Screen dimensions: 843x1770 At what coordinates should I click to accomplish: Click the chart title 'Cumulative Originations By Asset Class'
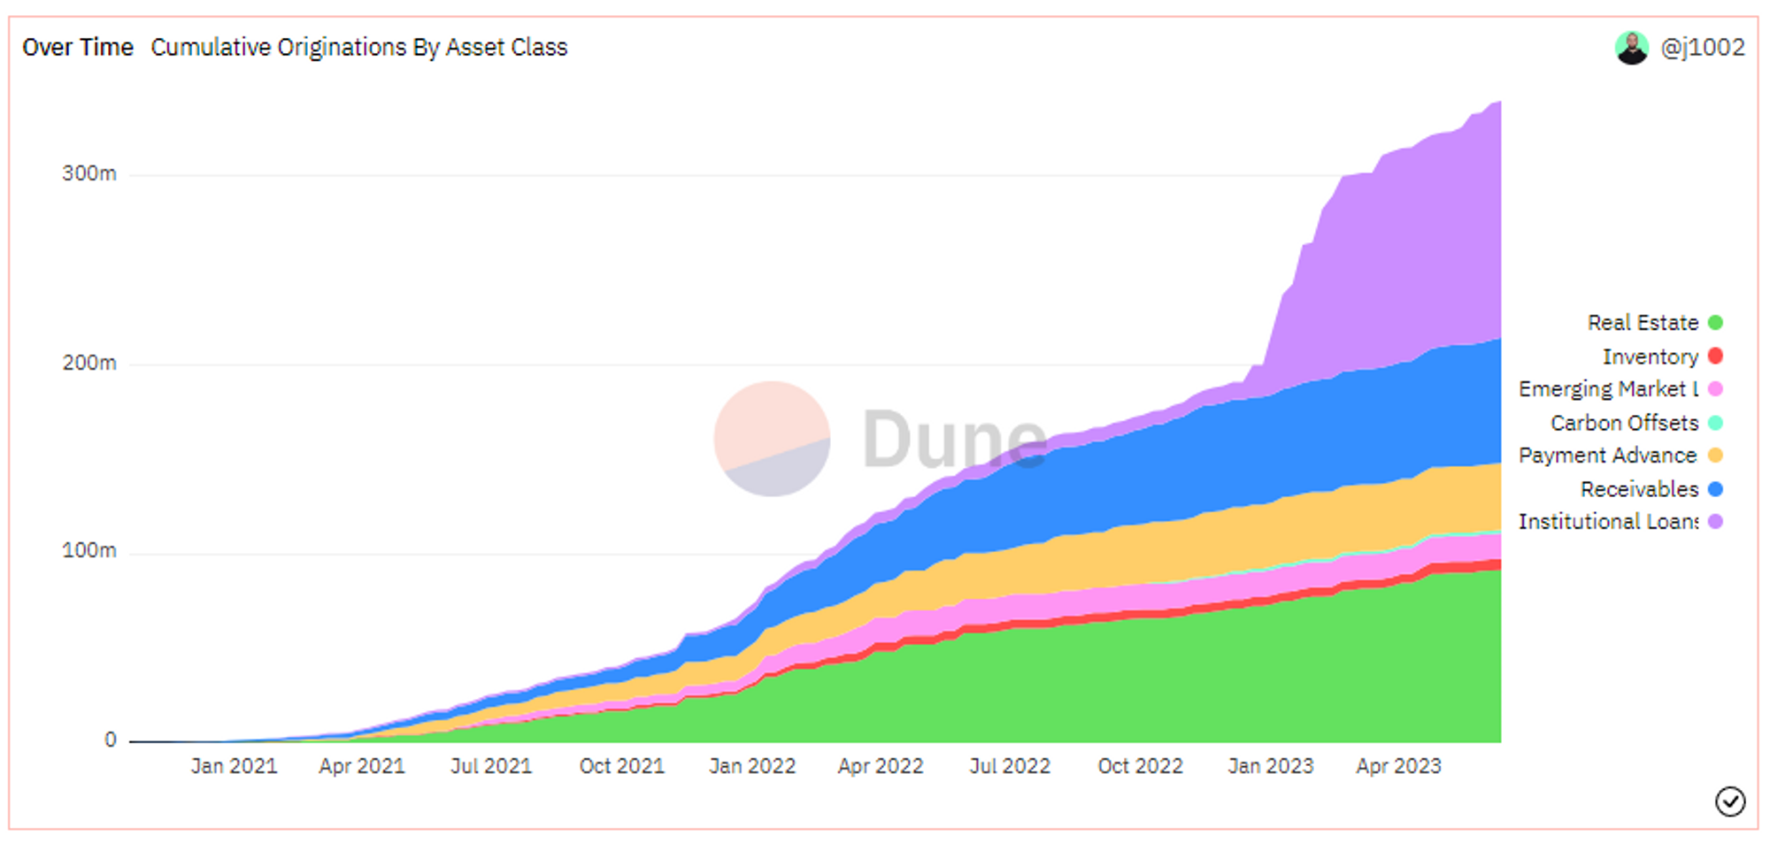358,47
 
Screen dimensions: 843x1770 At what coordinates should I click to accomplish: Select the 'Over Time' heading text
78,47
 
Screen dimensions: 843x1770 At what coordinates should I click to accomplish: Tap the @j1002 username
1702,47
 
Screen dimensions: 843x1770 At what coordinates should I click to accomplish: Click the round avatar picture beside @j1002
1631,48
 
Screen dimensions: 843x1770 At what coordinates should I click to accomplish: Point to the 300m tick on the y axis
88,173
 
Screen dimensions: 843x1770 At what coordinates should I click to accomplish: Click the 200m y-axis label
88,363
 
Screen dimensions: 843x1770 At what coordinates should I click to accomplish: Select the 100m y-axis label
88,550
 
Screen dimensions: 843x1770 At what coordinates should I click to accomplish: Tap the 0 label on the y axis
110,740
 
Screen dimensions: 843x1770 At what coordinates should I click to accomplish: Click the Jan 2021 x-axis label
234,766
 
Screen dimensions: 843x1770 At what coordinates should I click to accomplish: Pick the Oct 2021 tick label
621,766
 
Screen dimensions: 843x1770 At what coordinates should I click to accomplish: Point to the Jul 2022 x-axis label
1010,766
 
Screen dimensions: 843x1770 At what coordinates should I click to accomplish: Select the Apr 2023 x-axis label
1398,766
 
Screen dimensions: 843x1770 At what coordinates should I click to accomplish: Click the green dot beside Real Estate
1715,323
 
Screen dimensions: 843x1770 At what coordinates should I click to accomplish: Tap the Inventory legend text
1650,356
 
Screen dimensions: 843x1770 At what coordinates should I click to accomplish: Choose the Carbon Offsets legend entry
1624,423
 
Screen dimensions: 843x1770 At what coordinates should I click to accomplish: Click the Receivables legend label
1639,489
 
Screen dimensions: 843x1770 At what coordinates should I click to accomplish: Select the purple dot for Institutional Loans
1715,522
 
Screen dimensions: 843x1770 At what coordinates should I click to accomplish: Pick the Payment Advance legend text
1607,456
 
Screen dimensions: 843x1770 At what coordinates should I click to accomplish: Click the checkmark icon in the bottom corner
1730,801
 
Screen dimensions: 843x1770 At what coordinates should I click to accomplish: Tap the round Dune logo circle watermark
772,439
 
